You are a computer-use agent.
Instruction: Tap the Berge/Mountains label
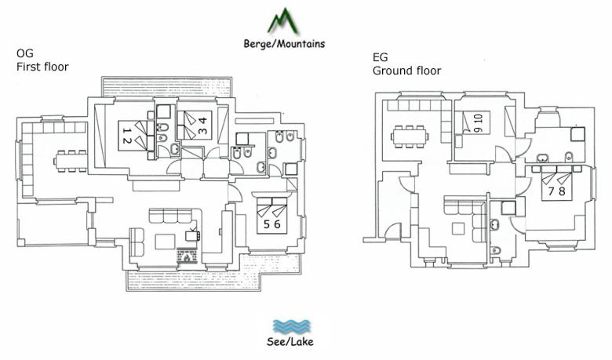[284, 43]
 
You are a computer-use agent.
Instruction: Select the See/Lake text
[290, 342]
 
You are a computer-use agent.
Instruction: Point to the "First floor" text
[42, 67]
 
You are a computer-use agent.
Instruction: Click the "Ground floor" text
[406, 71]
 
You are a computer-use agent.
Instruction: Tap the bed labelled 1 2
[133, 136]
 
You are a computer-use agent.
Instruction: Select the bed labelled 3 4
[195, 125]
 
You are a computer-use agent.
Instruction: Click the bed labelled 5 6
[271, 216]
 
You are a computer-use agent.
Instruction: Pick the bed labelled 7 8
[556, 183]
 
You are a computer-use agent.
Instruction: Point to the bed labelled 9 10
[475, 122]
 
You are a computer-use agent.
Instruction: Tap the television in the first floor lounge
[193, 235]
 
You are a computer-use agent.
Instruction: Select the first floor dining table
[71, 161]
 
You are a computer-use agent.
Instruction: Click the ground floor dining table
[410, 136]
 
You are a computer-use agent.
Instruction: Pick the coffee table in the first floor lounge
[165, 242]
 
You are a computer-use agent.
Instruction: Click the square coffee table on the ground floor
[458, 228]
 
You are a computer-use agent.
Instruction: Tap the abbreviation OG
[24, 53]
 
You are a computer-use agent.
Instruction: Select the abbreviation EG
[381, 57]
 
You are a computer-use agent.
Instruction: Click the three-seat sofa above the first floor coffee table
[170, 216]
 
